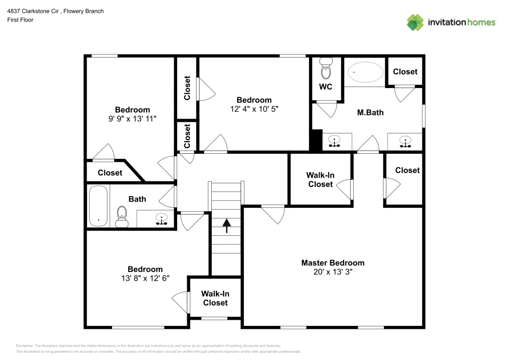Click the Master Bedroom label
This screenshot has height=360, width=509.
[333, 263]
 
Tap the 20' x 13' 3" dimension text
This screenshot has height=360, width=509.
[333, 272]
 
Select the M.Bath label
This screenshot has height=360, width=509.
[370, 112]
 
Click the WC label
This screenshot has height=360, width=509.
[326, 87]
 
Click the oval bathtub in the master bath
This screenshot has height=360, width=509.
[366, 72]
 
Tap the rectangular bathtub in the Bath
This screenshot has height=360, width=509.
[98, 206]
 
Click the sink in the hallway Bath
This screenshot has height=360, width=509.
[162, 219]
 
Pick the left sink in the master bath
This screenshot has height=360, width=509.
[334, 141]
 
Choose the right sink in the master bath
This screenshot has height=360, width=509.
[406, 141]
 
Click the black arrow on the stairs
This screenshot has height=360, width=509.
[224, 225]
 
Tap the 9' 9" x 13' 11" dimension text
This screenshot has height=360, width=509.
[132, 119]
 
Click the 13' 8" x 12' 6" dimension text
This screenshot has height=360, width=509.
[145, 278]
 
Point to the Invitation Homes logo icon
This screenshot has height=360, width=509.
[415, 21]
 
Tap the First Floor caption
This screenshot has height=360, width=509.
[20, 20]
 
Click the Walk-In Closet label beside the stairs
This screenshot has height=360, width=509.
[215, 298]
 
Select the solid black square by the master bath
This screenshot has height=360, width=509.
[316, 141]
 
